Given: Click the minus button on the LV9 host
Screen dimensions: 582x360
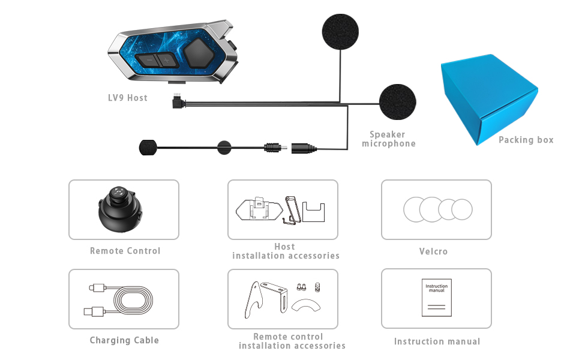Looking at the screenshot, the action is click(x=148, y=60).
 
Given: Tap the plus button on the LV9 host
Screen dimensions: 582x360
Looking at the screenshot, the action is click(x=167, y=60).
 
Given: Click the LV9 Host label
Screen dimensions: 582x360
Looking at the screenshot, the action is click(x=128, y=98).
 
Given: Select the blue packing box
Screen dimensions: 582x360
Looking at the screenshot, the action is click(x=489, y=99).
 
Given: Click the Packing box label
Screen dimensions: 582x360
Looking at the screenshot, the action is click(x=526, y=140).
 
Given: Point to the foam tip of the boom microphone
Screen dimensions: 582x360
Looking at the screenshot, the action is click(x=148, y=148).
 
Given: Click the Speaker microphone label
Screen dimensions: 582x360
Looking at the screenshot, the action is click(x=389, y=139).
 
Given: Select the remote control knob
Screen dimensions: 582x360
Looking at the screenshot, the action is click(x=120, y=209).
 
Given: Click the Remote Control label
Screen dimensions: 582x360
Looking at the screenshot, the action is click(x=125, y=251).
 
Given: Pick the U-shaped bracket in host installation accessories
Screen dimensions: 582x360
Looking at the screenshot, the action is click(x=314, y=212).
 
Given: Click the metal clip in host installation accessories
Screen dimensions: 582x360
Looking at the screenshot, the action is click(x=292, y=210).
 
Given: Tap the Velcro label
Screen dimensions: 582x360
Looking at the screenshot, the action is click(x=433, y=251).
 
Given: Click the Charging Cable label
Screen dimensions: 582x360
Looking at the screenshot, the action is click(x=124, y=340).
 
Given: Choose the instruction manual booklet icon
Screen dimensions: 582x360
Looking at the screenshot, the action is click(x=437, y=298).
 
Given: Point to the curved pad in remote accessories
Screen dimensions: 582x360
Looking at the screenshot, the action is click(x=306, y=305).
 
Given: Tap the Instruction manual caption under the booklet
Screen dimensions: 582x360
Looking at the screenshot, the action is click(x=437, y=341).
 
